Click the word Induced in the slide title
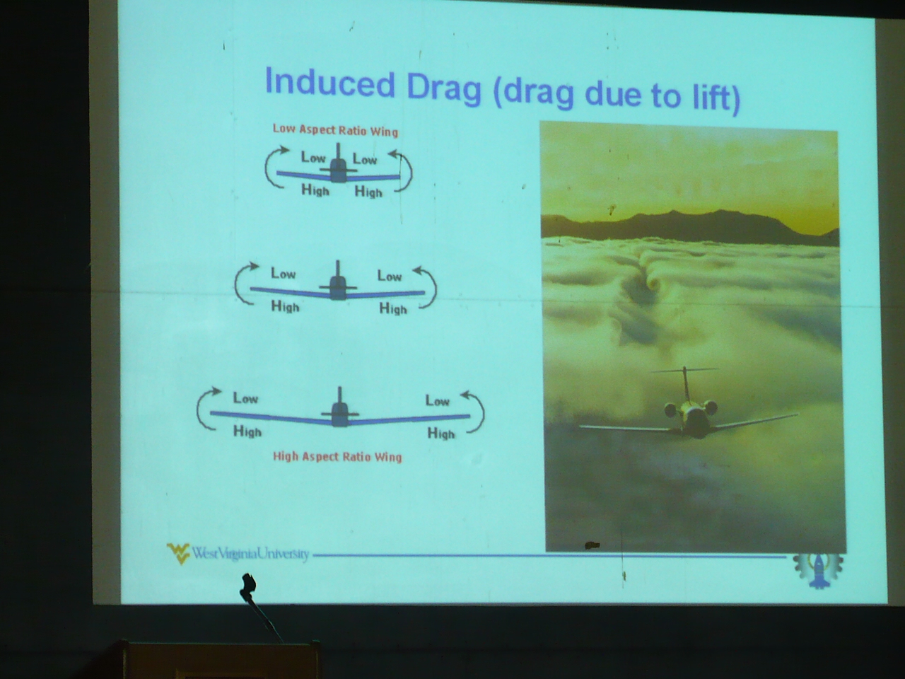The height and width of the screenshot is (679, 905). tap(330, 83)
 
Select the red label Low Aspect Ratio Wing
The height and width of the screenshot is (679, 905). tap(336, 130)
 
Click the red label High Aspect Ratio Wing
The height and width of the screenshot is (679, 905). tap(337, 456)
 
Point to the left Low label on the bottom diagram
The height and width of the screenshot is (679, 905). tap(245, 398)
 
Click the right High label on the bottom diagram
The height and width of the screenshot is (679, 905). tap(440, 433)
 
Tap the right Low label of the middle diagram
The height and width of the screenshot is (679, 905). tap(390, 275)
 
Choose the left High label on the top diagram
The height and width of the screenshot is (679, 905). tap(315, 190)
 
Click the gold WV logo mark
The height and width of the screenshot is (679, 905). tap(178, 553)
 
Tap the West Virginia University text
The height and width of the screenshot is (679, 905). tap(251, 554)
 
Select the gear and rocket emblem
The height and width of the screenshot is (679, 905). tap(818, 570)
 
